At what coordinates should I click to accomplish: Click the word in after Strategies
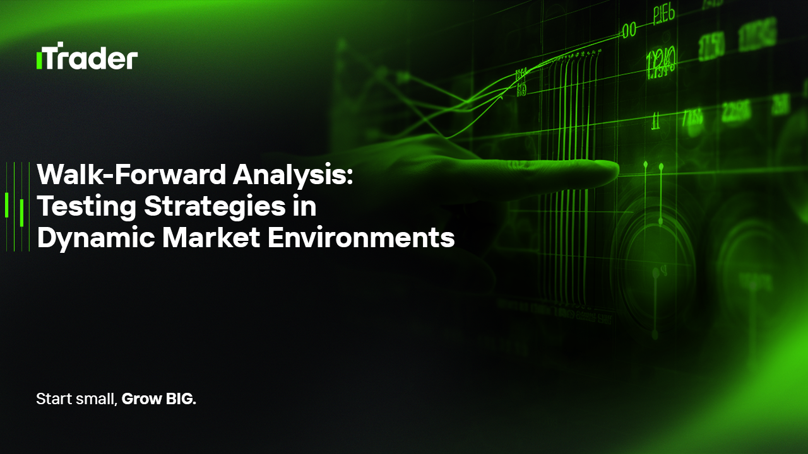click(x=306, y=206)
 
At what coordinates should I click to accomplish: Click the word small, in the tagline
click(x=95, y=399)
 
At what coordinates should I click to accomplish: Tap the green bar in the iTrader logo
click(x=39, y=61)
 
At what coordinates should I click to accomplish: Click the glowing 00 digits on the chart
click(x=629, y=30)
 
